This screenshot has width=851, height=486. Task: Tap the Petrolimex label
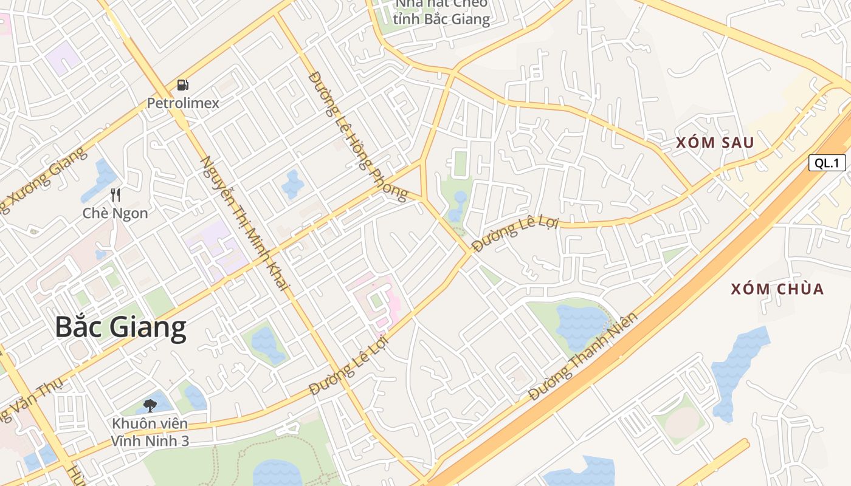[183, 103]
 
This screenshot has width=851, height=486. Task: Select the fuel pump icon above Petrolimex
[183, 85]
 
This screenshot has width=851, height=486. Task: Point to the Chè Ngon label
[115, 213]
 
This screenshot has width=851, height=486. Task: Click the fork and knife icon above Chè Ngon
[115, 195]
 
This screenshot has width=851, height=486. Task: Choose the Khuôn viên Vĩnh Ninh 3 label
[150, 432]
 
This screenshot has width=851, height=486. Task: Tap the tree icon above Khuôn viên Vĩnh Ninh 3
[150, 405]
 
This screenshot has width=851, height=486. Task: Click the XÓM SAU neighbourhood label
[715, 143]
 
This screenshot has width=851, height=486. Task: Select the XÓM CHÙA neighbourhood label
[777, 289]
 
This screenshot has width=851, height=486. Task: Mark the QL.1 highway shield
[827, 163]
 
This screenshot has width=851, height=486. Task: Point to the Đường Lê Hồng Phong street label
[357, 136]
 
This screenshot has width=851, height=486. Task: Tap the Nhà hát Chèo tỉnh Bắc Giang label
[441, 12]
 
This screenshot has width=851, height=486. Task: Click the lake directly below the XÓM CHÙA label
[739, 371]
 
